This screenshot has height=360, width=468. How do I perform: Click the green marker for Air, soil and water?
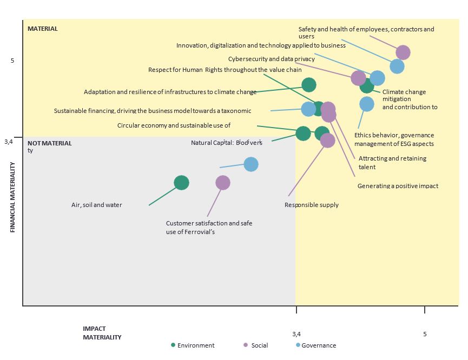[181, 183]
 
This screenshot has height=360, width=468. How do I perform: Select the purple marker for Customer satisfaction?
[223, 183]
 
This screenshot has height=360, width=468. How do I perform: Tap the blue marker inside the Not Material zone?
[251, 164]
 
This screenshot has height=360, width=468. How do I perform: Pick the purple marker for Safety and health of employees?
[403, 52]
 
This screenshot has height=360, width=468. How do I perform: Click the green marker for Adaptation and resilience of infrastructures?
[309, 84]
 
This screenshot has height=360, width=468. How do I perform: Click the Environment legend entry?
[193, 345]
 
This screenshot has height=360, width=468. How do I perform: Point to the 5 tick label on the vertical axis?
[12, 61]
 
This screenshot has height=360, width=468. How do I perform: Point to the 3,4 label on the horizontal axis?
[296, 334]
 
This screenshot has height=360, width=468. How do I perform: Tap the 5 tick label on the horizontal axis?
[425, 334]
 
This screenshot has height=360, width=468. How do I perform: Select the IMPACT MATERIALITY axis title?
[102, 333]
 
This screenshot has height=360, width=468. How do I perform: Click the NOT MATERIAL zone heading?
[49, 143]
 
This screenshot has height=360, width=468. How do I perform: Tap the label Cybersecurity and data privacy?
[271, 59]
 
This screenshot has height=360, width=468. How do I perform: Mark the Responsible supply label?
[311, 205]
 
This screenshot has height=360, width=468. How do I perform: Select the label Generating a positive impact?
[398, 186]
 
